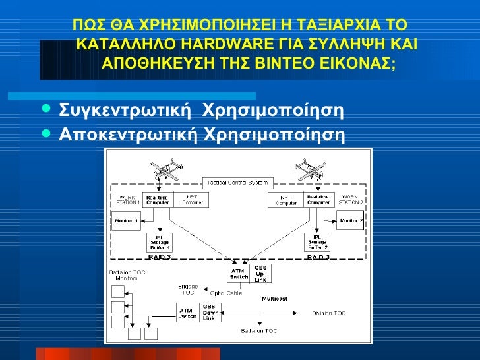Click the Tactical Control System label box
tap(229, 182)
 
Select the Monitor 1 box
tap(127, 221)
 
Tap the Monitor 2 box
tap(350, 221)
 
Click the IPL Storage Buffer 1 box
tap(159, 243)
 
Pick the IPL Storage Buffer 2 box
tap(317, 243)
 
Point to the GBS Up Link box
tap(260, 273)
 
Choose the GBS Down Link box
tap(209, 312)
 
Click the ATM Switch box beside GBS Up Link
tap(238, 273)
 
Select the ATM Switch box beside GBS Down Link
tap(187, 312)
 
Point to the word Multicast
tap(274, 299)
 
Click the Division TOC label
tap(328, 313)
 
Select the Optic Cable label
tap(226, 293)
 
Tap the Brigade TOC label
tap(188, 289)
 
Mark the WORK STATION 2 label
tap(350, 200)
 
